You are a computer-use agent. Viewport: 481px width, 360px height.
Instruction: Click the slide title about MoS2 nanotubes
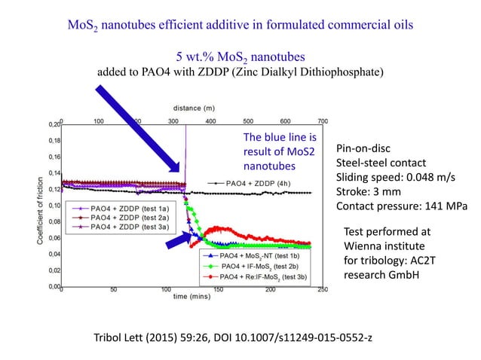(240, 26)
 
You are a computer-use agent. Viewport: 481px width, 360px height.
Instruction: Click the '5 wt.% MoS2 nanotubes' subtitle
(240, 58)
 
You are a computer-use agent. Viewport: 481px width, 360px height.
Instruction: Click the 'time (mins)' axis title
(192, 297)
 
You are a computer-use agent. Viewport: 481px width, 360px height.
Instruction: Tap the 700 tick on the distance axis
(322, 121)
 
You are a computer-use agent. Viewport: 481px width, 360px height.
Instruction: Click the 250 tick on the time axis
(322, 289)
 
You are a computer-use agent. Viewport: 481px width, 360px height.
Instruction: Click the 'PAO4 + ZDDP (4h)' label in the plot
(256, 183)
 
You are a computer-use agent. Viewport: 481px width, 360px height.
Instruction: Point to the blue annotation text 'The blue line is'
(280, 139)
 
